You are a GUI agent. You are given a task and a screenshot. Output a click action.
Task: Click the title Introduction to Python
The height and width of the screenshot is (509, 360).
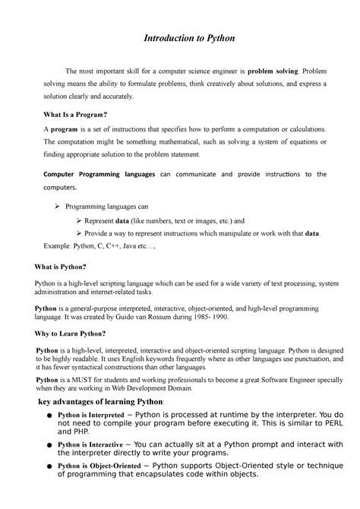pos(180,38)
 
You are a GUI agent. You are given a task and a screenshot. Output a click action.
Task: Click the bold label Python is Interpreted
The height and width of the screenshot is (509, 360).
pos(91,416)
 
